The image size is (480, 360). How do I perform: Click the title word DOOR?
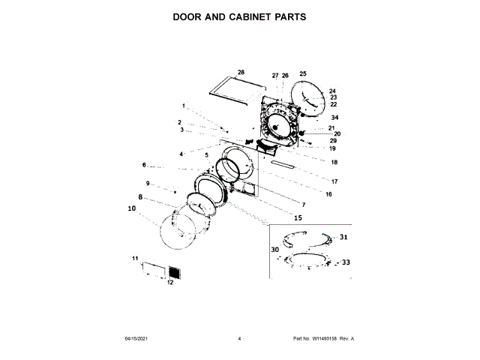pos(190,16)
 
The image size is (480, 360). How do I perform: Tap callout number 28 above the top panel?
pos(241,73)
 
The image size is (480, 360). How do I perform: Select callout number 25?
pos(303,73)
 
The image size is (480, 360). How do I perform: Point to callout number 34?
pos(335,118)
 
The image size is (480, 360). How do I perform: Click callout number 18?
pos(334,162)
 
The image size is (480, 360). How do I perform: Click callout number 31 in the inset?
pos(344,237)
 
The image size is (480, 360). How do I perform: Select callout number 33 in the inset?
pos(346,262)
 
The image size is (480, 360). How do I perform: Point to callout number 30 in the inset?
pos(274,249)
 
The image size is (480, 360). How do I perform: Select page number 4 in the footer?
pos(239,339)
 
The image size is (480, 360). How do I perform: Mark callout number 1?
pos(183,106)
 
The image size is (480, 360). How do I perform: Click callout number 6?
pos(144,165)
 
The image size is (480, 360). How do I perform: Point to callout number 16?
pos(328,194)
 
